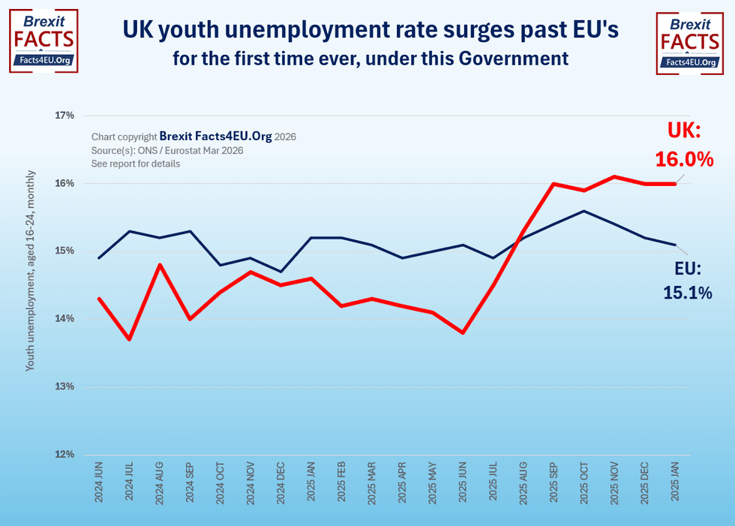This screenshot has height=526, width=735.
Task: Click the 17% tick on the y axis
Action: point(64,116)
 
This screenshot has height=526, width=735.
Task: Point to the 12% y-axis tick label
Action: point(64,455)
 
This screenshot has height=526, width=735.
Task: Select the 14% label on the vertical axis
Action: point(64,319)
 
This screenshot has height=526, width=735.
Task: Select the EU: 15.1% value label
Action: point(686,281)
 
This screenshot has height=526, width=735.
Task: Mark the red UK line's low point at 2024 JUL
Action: point(130,339)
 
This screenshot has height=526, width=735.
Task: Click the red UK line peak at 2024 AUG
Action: point(160,264)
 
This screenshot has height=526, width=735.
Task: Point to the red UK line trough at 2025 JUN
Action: point(463,332)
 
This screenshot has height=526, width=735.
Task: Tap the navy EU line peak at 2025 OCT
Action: point(584,211)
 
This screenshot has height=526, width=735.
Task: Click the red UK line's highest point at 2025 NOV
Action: point(614,176)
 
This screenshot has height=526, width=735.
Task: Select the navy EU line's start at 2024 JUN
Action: point(99,258)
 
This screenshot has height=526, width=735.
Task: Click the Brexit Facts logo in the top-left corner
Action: point(43,41)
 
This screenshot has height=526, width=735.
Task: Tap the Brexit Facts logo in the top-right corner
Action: point(690,41)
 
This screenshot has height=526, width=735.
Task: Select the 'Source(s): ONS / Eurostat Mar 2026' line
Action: point(167,151)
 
